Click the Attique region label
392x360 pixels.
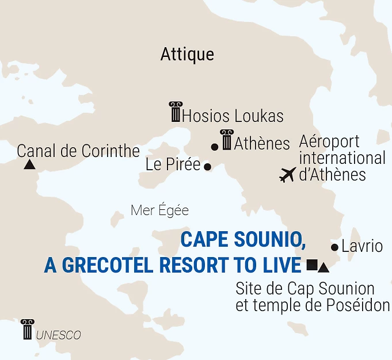point(187,55)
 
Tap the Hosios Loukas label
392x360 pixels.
point(233,116)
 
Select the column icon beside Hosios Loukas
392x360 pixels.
point(175,112)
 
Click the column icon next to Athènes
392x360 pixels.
point(226,140)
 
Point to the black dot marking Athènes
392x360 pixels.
point(215,147)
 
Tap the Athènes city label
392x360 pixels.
point(262,143)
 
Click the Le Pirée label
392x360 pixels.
point(173,165)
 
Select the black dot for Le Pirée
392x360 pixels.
point(208,167)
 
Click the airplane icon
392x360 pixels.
point(287,174)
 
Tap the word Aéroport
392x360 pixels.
point(329,141)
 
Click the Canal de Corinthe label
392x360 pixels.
point(78,151)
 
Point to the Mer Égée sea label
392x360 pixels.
point(159,210)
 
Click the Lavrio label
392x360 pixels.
point(362,247)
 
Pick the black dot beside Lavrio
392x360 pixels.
point(334,247)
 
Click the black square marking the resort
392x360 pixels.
point(311,265)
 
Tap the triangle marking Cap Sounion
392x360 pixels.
point(323,267)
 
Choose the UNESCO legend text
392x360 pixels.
point(58,335)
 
